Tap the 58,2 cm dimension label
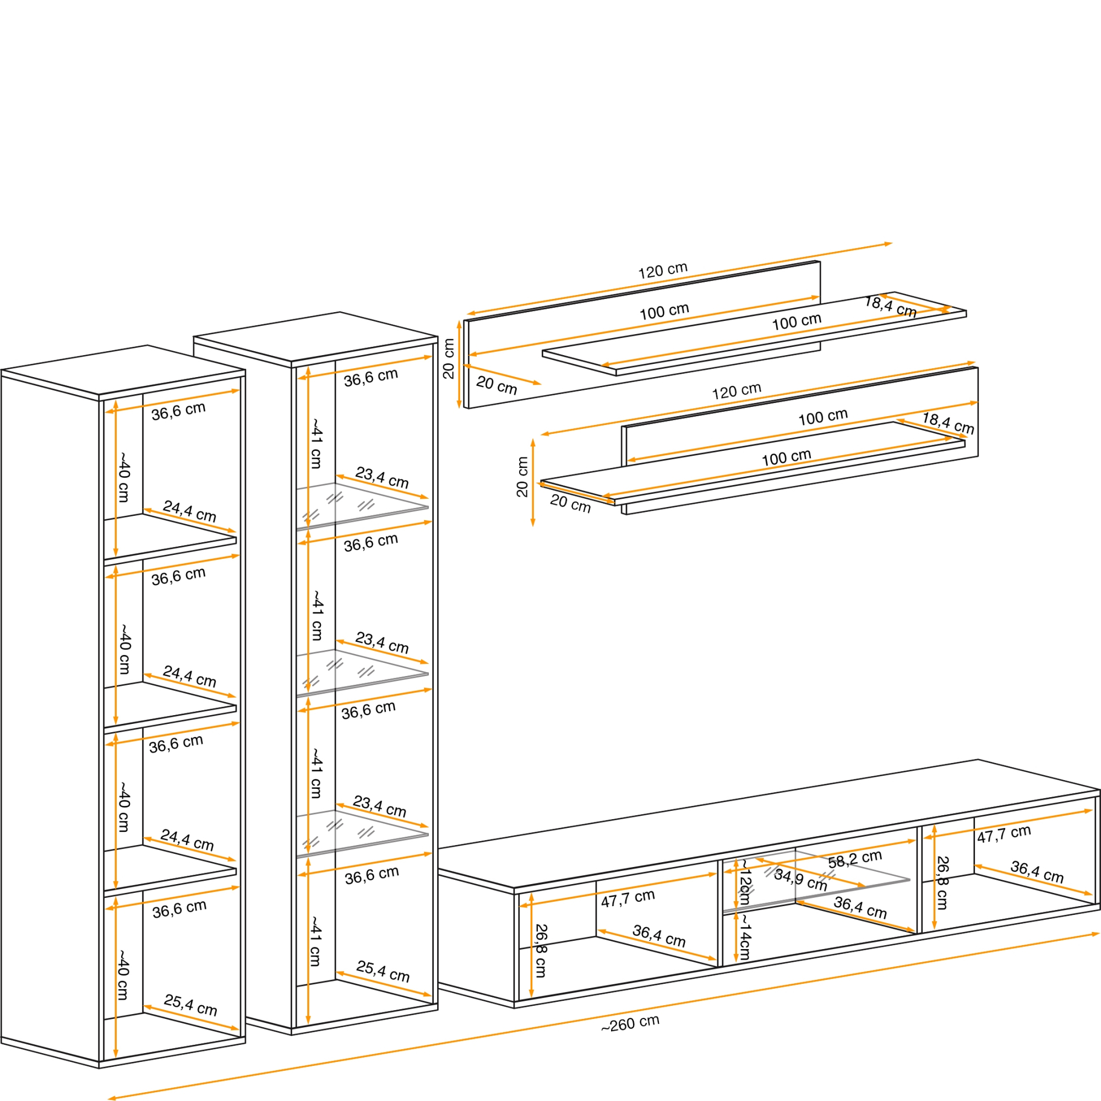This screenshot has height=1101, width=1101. [x=855, y=859]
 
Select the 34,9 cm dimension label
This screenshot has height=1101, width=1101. [x=800, y=880]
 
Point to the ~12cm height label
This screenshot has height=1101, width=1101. [x=745, y=883]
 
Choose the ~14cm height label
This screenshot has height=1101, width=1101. [x=745, y=941]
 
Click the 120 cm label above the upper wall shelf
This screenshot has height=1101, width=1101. [x=662, y=270]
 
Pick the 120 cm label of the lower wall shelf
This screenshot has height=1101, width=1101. [x=736, y=391]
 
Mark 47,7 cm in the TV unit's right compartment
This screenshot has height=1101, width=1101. [x=1004, y=833]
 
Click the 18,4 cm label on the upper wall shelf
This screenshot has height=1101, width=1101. [x=890, y=307]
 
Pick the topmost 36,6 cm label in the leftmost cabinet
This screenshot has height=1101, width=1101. [x=178, y=411]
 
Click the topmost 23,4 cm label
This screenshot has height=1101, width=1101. [x=382, y=477]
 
